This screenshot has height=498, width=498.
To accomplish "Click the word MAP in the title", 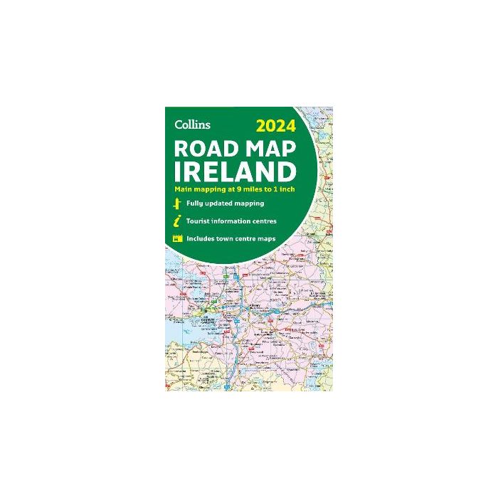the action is click(272, 150).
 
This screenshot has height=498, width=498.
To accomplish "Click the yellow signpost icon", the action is click(175, 203).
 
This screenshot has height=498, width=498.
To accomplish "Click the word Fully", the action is click(195, 203).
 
